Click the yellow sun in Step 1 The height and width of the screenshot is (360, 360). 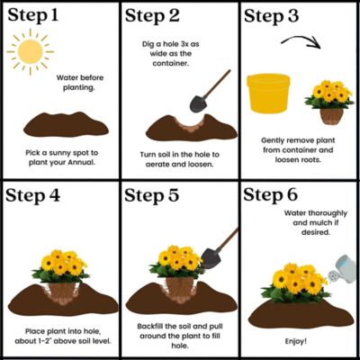[x=30, y=51]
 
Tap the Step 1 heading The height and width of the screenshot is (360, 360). [x=33, y=15]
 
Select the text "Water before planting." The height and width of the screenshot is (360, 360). [x=80, y=83]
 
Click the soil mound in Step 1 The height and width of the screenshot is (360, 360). [x=66, y=124]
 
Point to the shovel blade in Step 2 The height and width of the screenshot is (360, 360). [x=198, y=103]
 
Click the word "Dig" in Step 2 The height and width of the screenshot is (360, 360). [x=148, y=44]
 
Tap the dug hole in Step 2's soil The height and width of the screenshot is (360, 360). [x=190, y=124]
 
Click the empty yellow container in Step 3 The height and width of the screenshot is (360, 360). [x=268, y=94]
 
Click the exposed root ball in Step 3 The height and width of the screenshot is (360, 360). [x=331, y=116]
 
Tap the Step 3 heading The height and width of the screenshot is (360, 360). [x=271, y=15]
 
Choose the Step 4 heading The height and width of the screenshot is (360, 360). [x=32, y=195]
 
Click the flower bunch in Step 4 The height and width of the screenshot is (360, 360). [x=61, y=265]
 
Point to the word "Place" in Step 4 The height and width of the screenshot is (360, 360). [x=35, y=331]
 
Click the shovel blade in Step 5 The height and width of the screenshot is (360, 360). [x=211, y=258]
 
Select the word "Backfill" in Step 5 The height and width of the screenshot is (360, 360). [x=150, y=326]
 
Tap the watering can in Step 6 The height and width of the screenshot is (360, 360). [x=342, y=269]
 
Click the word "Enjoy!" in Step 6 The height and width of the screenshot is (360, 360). [x=296, y=341]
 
